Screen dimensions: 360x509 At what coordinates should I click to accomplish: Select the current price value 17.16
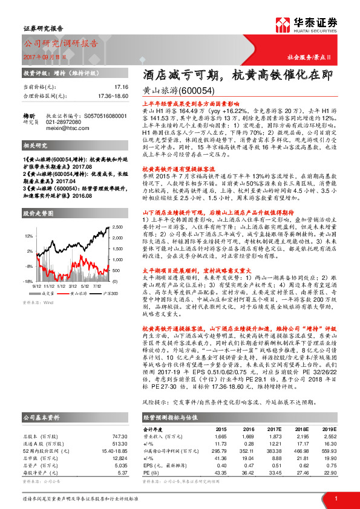click(x=121, y=87)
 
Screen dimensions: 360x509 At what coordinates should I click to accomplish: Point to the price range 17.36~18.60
click(x=112, y=96)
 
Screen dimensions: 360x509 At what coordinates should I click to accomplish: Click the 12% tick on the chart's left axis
click(x=29, y=235)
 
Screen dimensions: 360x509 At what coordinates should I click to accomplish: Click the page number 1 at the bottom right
click(x=335, y=498)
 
